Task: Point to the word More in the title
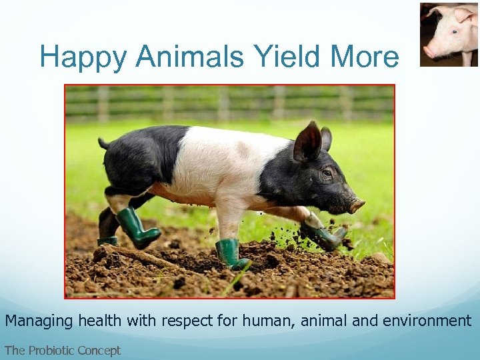tap(367, 57)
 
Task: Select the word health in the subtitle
tap(101, 321)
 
